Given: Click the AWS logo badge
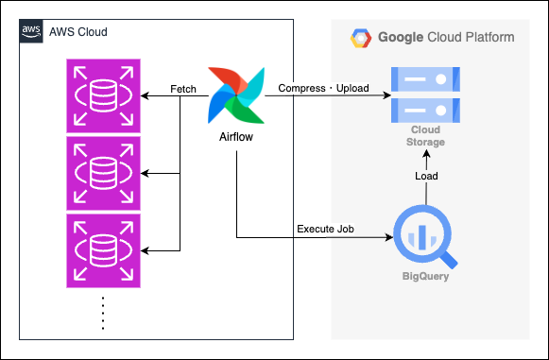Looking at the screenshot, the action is [x=31, y=31].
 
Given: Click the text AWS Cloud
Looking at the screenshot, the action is [x=78, y=32].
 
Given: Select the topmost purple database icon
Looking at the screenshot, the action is [x=104, y=96].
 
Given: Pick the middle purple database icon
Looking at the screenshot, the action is [x=104, y=173].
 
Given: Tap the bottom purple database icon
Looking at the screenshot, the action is [x=104, y=250].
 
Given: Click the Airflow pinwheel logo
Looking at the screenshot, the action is [x=236, y=95].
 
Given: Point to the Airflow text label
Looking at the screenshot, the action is [x=236, y=137].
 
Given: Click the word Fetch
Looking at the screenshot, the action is [x=183, y=89].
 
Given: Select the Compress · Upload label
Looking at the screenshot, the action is [x=323, y=88].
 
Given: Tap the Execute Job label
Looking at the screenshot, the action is [x=325, y=229].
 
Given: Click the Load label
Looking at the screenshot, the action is [x=426, y=176].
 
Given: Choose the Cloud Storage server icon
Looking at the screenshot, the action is [x=425, y=94].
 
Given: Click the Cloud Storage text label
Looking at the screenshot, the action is [x=425, y=136].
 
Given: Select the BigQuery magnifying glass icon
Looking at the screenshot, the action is [x=425, y=237].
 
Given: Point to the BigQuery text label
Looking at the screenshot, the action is [x=425, y=276].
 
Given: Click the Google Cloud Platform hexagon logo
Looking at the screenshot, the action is [x=361, y=38].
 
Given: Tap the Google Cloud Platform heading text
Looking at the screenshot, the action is [x=446, y=37].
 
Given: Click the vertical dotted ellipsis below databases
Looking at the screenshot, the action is [x=103, y=314].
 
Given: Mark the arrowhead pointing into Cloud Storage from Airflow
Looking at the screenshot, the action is [x=386, y=95].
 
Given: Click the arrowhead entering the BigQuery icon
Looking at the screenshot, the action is [x=389, y=237].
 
